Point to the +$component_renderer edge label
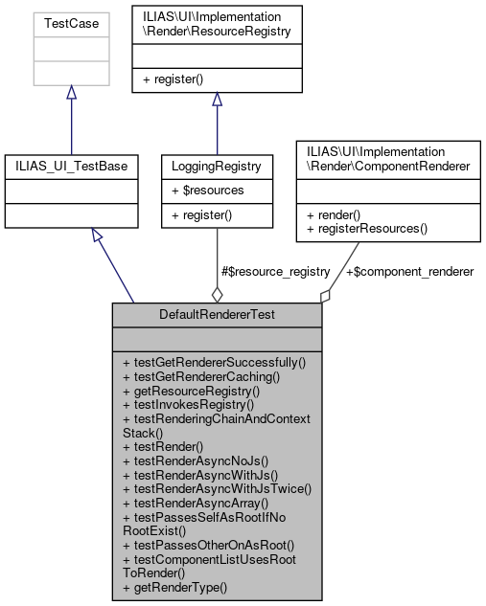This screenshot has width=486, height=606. [409, 272]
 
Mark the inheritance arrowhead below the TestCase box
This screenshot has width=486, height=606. [71, 93]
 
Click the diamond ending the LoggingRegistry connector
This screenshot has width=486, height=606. [218, 293]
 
